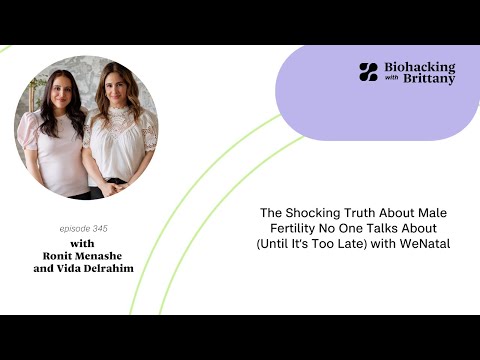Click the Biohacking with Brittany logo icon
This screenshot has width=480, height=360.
point(368,72)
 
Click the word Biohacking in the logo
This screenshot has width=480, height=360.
point(419,66)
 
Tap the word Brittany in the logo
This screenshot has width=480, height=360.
point(430,79)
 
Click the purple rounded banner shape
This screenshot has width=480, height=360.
point(380,100)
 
